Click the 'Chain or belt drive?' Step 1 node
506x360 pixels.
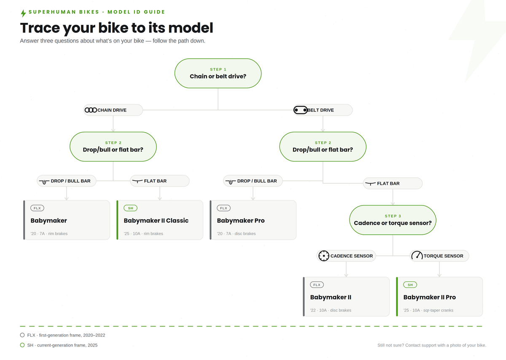218,73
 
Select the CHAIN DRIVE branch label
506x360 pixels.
113,110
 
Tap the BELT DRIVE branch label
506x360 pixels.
323,110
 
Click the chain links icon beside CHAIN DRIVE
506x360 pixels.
91,110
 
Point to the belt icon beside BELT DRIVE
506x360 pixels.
300,110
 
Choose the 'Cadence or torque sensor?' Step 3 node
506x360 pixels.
393,220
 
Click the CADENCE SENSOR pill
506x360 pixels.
346,256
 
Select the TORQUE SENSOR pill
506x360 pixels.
439,256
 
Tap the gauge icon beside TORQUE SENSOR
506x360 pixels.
417,255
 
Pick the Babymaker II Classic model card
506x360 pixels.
160,220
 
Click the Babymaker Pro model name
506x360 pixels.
241,220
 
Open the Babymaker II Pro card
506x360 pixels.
439,296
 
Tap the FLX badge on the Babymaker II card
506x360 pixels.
317,285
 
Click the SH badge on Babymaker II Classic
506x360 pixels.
130,208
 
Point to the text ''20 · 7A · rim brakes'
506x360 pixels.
49,233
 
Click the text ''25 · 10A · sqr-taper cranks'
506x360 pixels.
428,310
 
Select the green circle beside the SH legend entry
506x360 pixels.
22,345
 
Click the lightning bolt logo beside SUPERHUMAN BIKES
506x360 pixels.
23,14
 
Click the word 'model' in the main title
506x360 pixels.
191,27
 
